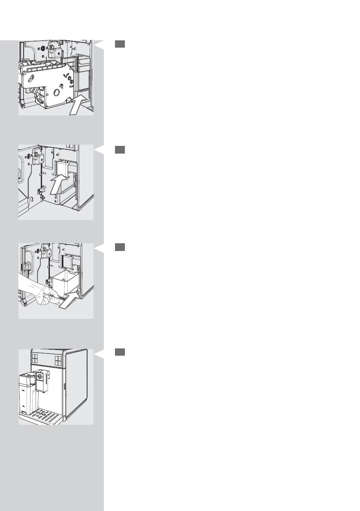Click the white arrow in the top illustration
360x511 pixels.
point(79,105)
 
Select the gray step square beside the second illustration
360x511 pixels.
point(120,149)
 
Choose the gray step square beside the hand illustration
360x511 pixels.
point(120,248)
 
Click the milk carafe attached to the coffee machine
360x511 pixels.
point(27,393)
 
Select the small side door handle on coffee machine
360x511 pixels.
point(64,387)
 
